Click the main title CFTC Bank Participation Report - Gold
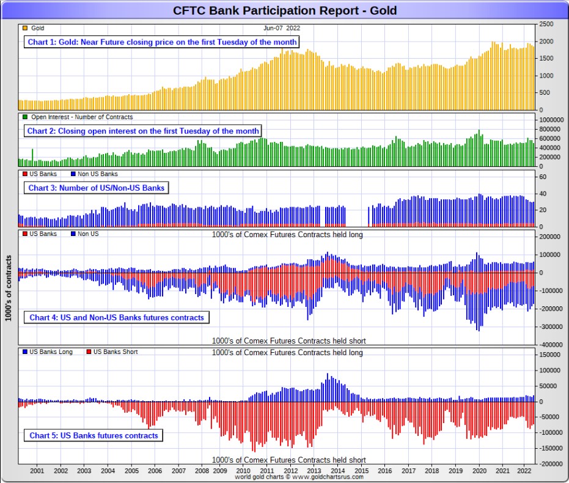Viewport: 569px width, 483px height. click(284, 10)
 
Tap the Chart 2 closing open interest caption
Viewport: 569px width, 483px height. click(143, 131)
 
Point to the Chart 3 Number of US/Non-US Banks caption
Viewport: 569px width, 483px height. click(96, 188)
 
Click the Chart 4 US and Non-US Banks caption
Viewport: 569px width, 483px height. click(117, 317)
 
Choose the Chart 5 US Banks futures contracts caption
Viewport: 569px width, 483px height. click(94, 435)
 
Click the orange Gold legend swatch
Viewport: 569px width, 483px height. click(24, 28)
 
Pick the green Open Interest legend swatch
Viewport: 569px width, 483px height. click(24, 117)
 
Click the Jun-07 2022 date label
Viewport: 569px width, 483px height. click(282, 28)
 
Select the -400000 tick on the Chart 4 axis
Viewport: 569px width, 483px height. click(552, 345)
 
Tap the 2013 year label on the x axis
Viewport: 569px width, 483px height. click(314, 471)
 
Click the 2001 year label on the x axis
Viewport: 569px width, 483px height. click(37, 471)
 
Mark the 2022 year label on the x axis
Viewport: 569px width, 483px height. click(524, 471)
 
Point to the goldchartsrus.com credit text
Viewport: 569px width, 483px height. click(299, 477)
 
